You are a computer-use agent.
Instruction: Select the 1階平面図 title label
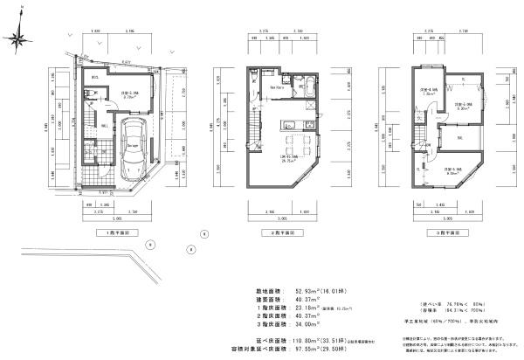pos(119,235)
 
